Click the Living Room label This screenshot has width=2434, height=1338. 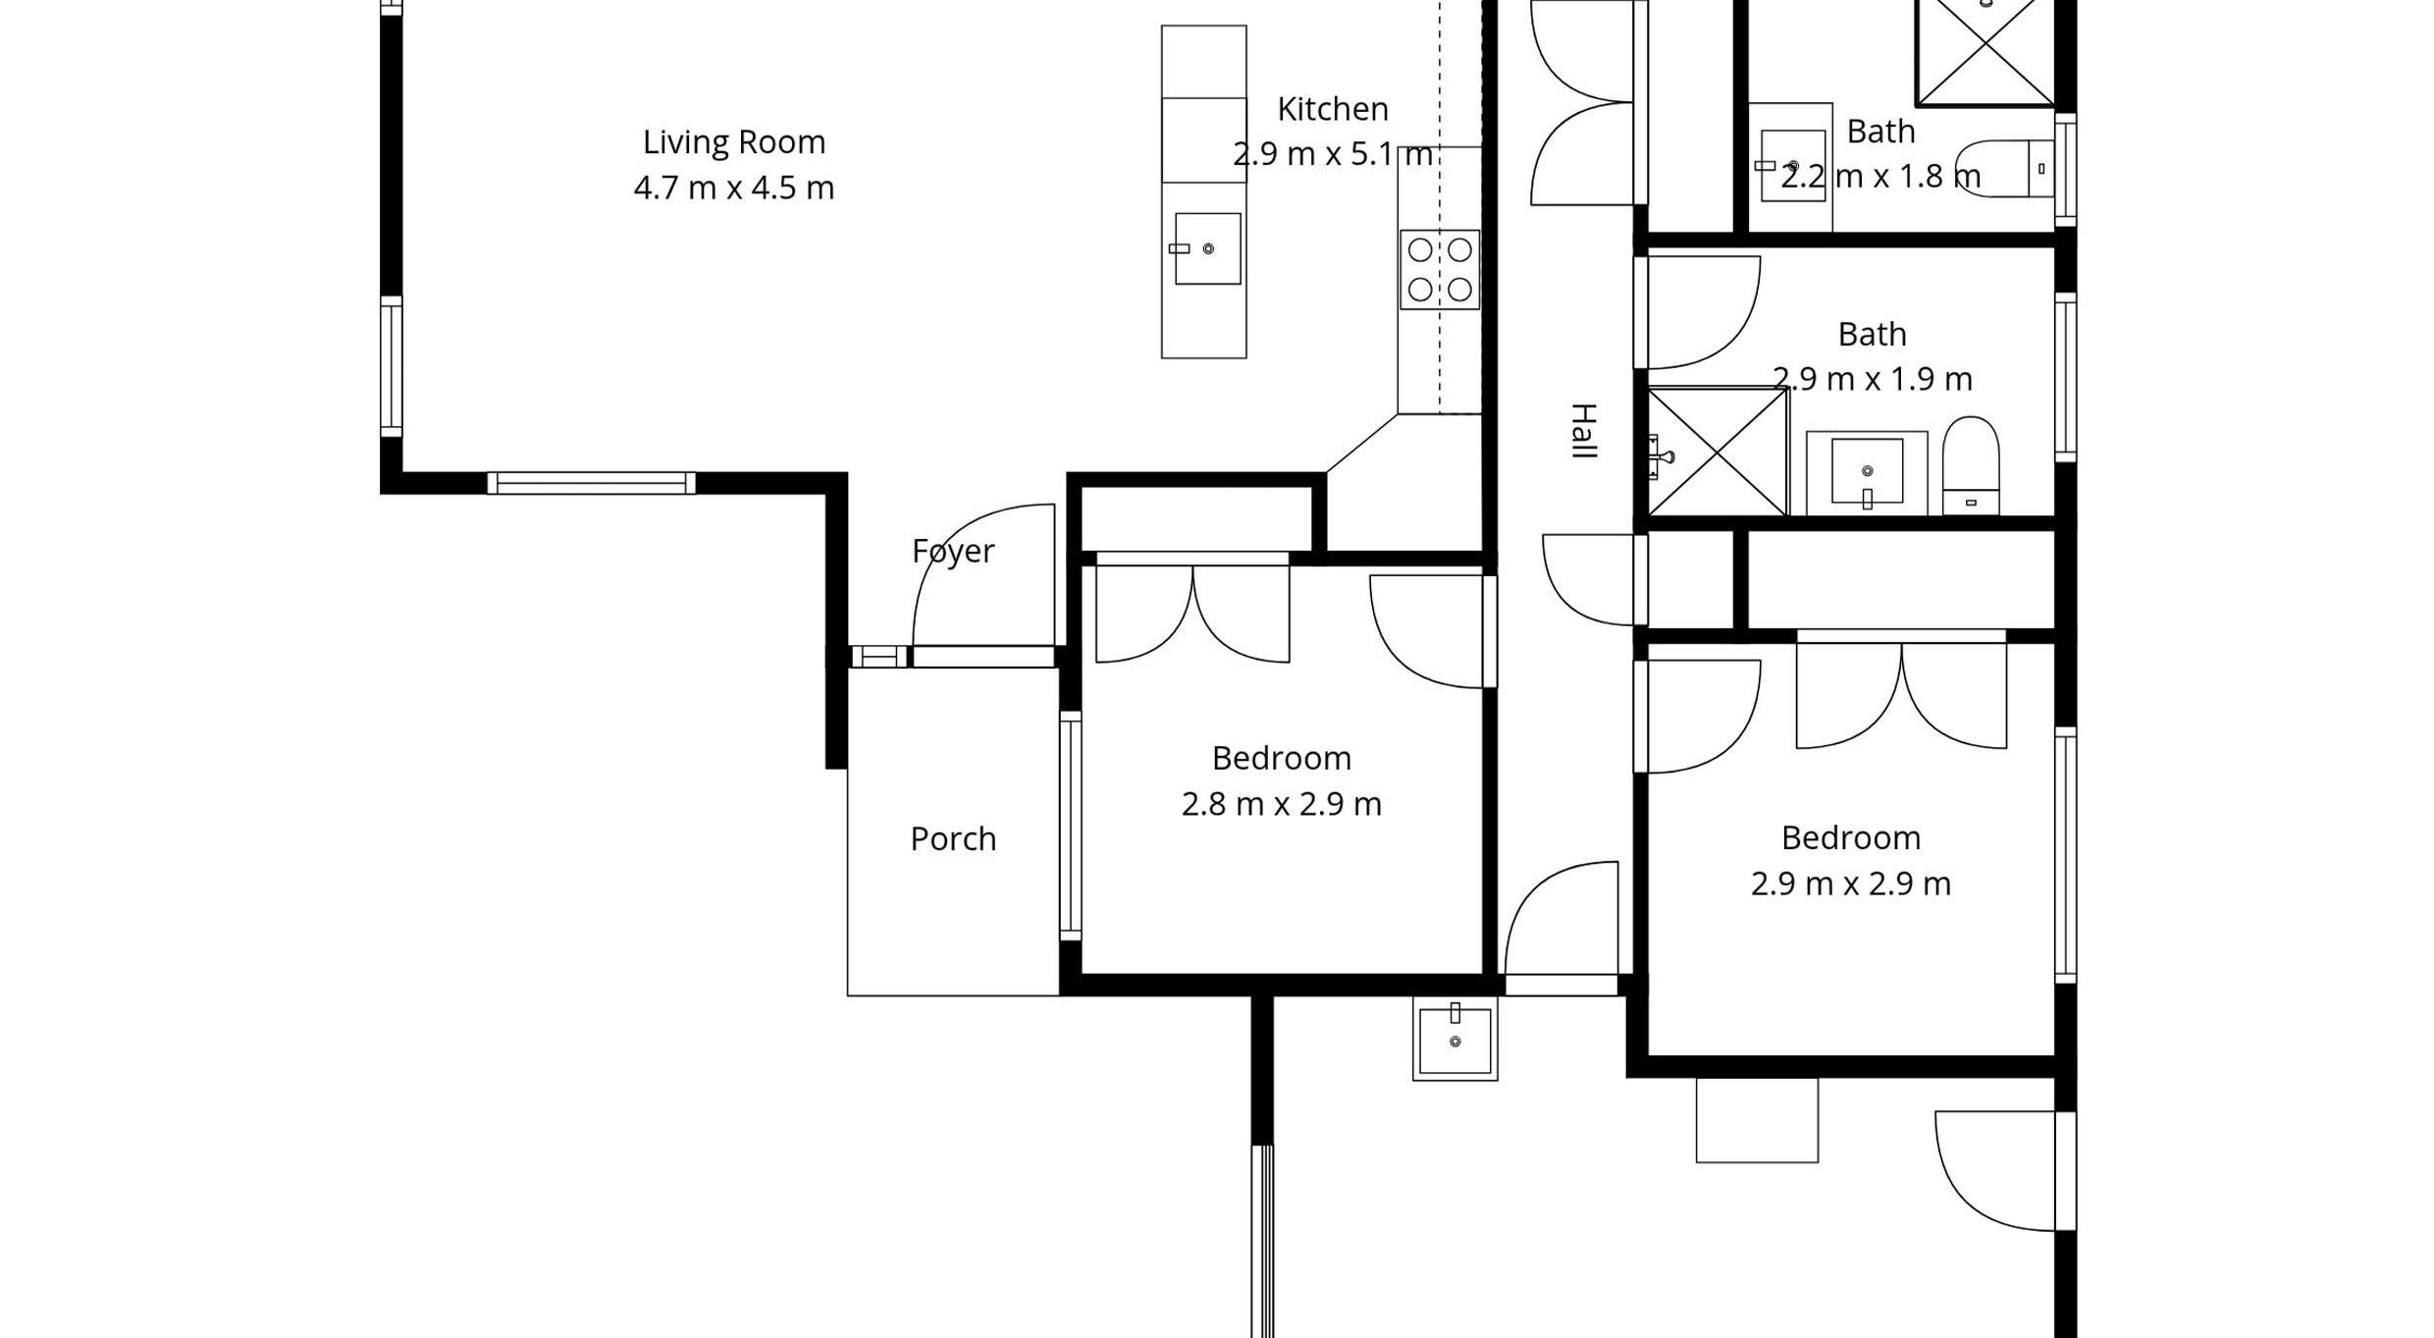coord(734,143)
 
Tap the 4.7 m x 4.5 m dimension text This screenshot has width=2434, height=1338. coord(734,187)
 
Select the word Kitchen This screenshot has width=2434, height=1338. coord(1333,109)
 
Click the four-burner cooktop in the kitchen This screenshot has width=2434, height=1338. coord(1440,269)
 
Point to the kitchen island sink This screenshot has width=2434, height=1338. coord(1207,248)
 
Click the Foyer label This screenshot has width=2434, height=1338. coord(953,552)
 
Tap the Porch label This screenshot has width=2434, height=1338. coord(953,839)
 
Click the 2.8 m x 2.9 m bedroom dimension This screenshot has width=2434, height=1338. coord(1282,805)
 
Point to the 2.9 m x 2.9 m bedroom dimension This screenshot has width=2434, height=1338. coord(1851,884)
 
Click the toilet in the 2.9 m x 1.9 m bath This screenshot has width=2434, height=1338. coord(1971,464)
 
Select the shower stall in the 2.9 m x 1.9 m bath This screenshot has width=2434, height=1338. coord(1718,452)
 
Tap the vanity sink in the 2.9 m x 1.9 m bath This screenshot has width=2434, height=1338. coord(1867,472)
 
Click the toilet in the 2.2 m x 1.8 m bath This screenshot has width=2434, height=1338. coord(2003,169)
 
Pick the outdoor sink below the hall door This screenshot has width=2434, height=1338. coord(1455,1040)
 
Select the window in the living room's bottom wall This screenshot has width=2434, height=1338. coord(592,483)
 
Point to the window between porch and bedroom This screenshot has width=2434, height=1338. coord(1071,827)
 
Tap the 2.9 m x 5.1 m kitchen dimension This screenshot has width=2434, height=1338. coord(1333,155)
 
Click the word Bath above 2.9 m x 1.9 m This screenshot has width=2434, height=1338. coord(1873,335)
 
